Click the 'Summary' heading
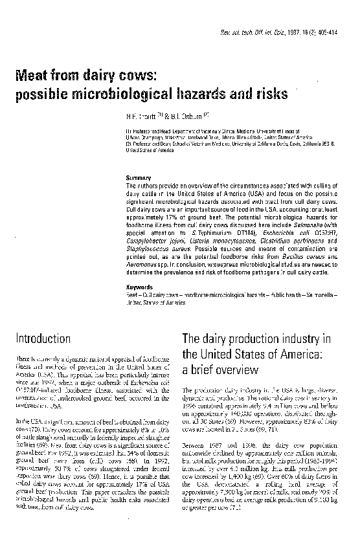(138, 177)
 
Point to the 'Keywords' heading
(139, 287)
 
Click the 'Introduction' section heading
(44, 338)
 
